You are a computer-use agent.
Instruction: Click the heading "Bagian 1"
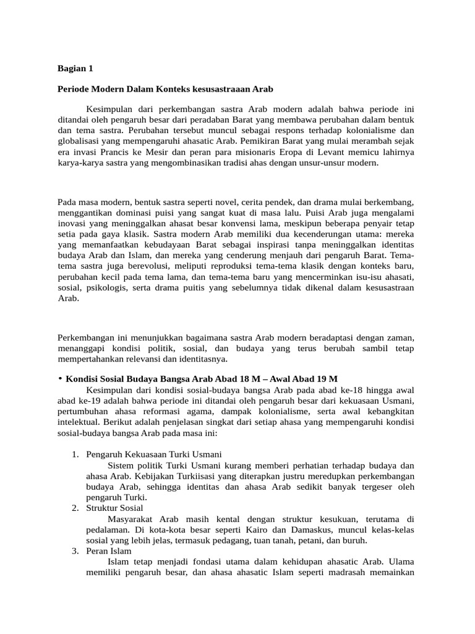point(74,68)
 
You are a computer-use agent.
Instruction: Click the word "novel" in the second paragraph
point(226,203)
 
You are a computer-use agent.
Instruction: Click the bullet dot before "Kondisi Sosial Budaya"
point(60,378)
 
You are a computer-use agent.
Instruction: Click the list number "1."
point(75,455)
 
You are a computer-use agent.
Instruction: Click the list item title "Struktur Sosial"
point(114,508)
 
